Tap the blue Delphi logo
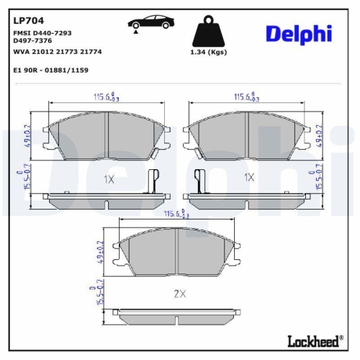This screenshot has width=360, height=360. [298, 33]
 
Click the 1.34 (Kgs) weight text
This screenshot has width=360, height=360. [209, 53]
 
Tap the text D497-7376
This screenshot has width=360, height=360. [33, 41]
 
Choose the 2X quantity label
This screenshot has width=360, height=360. [179, 293]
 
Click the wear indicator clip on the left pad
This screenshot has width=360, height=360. [152, 180]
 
